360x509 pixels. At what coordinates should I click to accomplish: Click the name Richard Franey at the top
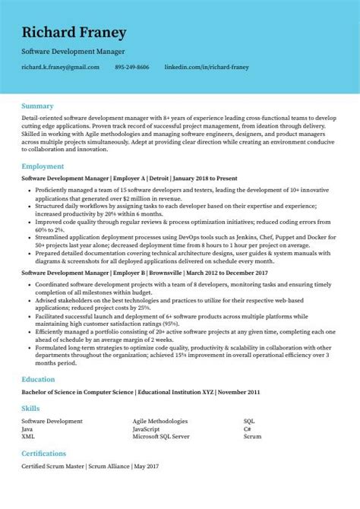point(74,33)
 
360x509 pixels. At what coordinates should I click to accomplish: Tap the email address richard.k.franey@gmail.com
point(61,68)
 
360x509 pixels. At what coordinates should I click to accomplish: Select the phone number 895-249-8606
point(132,68)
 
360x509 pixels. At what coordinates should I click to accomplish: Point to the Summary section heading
point(37,106)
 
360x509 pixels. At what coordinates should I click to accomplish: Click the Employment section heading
point(43,166)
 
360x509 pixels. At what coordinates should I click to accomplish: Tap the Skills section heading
point(31,409)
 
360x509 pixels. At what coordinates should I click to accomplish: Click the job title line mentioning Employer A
point(129,178)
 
